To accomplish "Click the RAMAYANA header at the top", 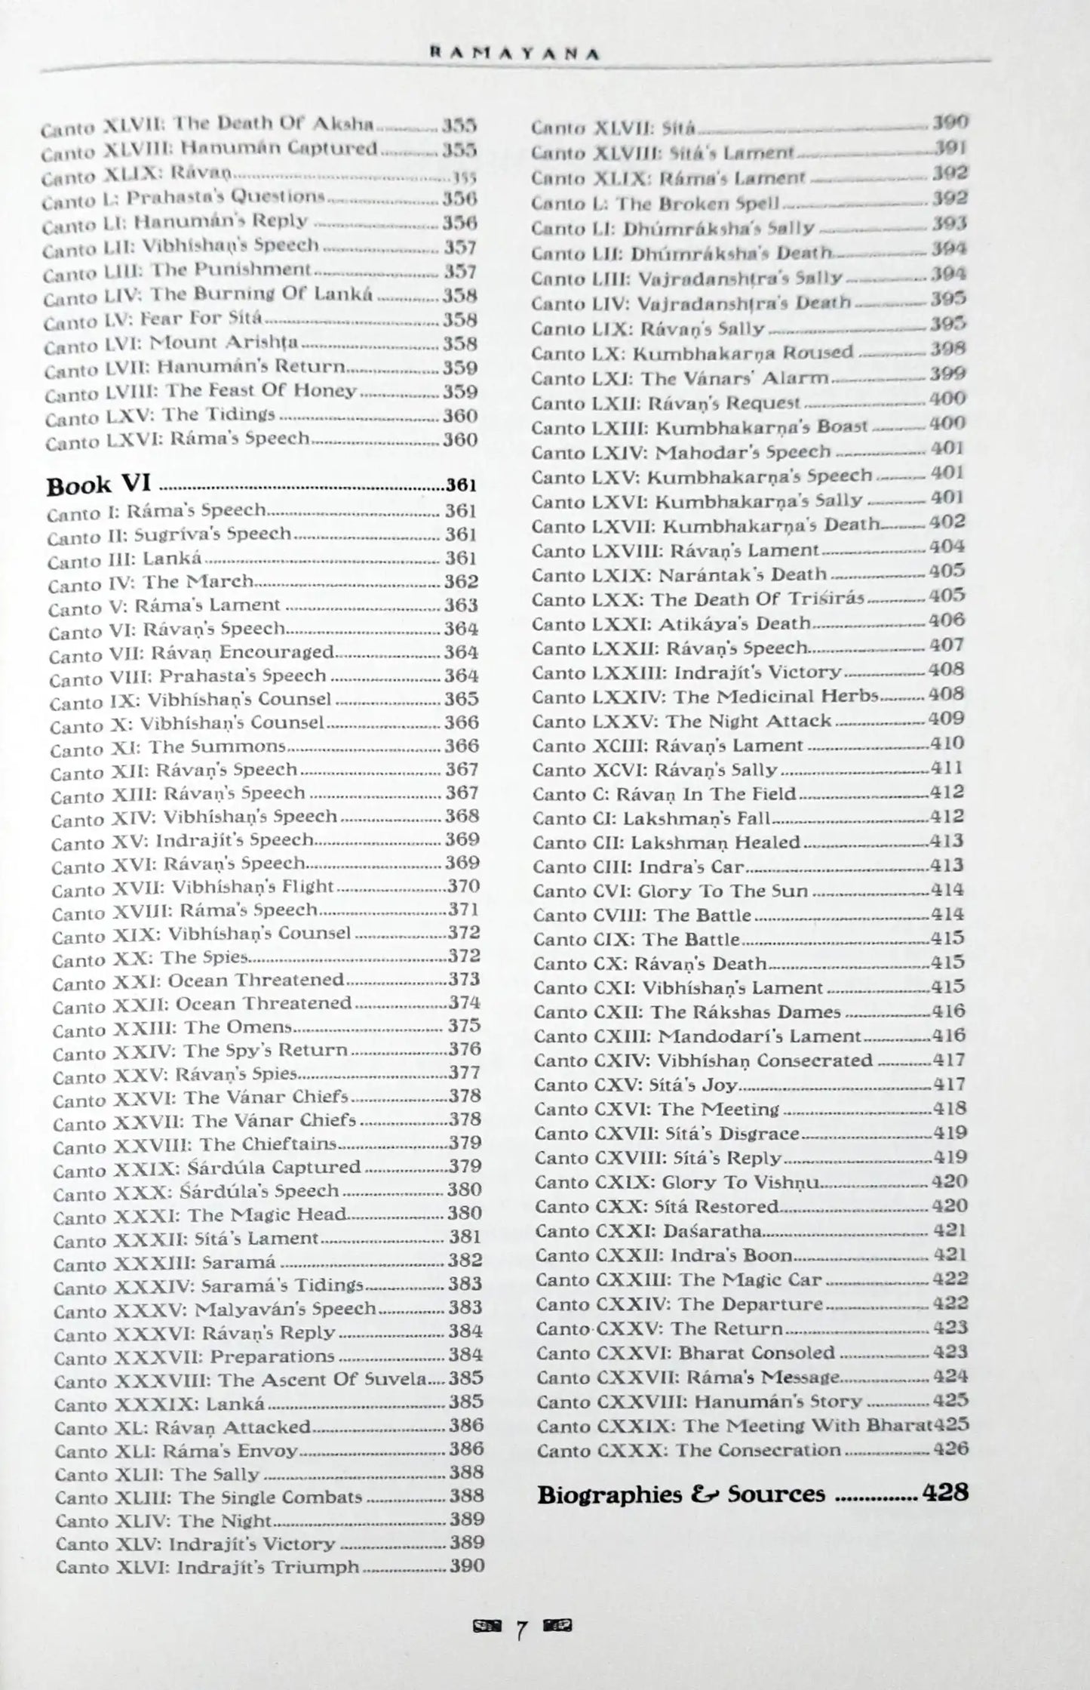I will click(x=514, y=54).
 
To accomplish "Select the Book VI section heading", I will click(x=100, y=485).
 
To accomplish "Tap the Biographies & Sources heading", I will click(x=681, y=1494).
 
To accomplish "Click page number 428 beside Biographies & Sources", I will click(x=946, y=1492).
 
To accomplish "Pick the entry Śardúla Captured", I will click(x=207, y=1168).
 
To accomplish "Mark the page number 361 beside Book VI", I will click(x=461, y=485).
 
